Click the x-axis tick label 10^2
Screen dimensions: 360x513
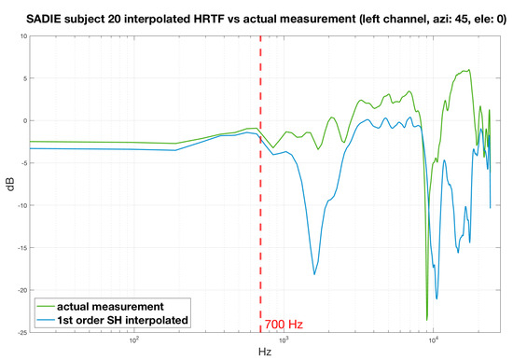(x=133, y=340)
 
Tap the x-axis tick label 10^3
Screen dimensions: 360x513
(x=284, y=340)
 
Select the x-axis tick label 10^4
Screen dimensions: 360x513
(x=435, y=340)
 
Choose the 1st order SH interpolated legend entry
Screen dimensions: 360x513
(x=123, y=321)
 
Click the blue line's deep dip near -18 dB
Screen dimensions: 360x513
(x=314, y=273)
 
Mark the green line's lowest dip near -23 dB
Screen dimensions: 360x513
(x=427, y=319)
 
